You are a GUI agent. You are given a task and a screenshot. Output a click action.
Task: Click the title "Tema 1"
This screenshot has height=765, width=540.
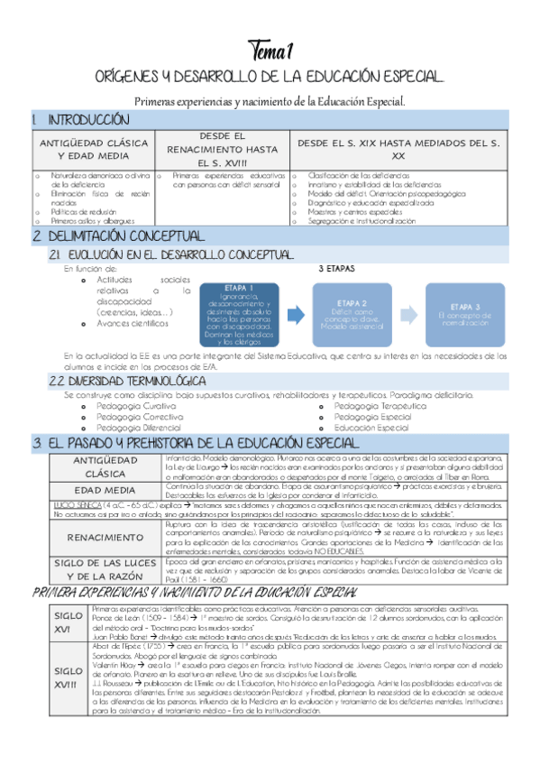[270, 48]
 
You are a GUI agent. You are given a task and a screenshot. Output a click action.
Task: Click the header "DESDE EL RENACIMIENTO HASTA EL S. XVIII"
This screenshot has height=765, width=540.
[221, 149]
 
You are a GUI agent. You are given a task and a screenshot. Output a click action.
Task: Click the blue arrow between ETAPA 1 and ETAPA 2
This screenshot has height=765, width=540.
[297, 314]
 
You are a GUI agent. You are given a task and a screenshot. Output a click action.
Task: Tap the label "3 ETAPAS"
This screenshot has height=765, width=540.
[337, 269]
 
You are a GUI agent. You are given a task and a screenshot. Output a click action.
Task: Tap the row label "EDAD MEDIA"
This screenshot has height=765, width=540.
[93, 490]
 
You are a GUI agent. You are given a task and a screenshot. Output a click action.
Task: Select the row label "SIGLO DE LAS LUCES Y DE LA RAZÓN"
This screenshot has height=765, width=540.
[93, 570]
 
